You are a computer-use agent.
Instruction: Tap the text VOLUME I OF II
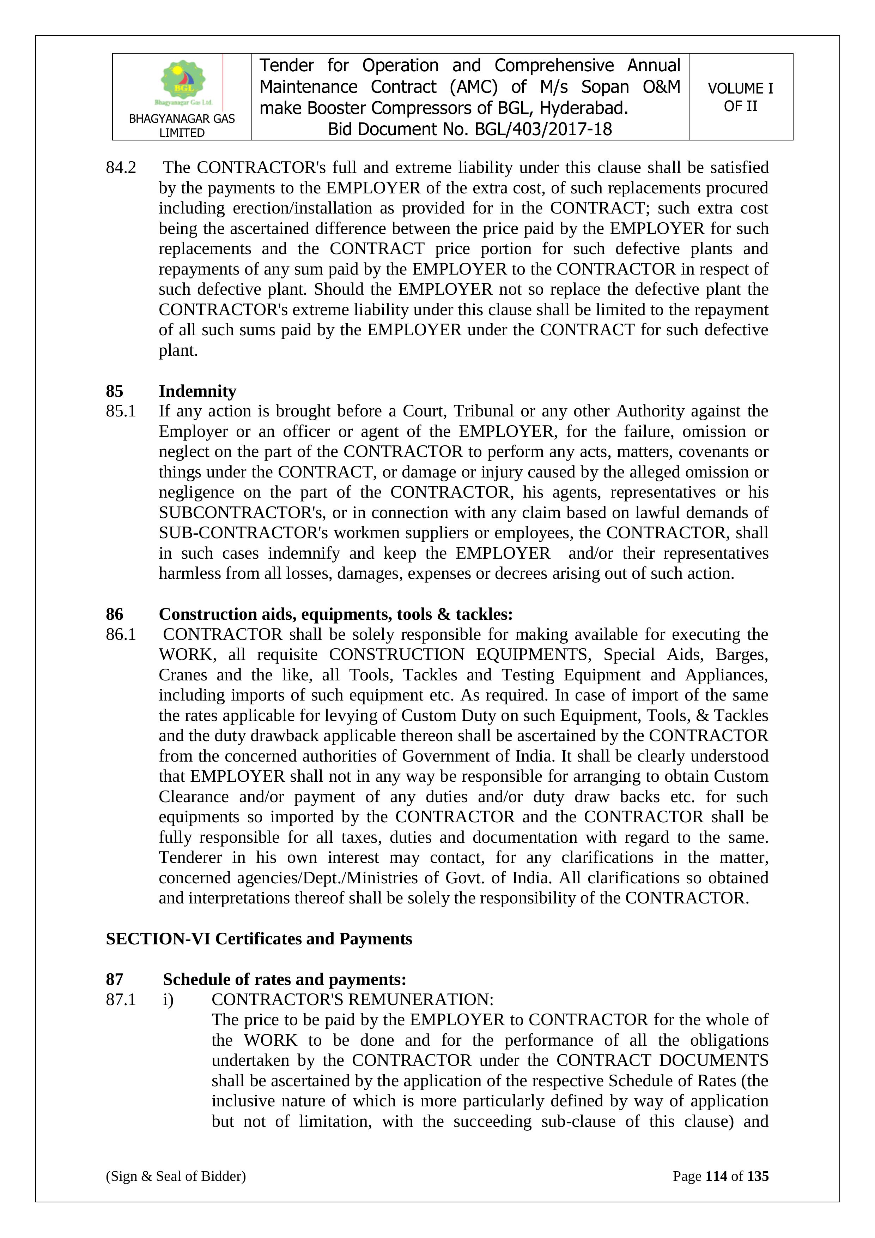pyautogui.click(x=740, y=97)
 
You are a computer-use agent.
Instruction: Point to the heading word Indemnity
pyautogui.click(x=197, y=391)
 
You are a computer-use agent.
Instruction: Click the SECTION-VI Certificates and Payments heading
pyautogui.click(x=259, y=939)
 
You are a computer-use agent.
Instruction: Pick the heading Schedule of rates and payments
pyautogui.click(x=285, y=979)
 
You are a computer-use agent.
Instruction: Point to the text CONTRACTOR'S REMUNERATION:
pyautogui.click(x=352, y=1000)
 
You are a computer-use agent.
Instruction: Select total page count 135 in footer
pyautogui.click(x=758, y=1176)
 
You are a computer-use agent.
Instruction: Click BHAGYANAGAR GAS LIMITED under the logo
pyautogui.click(x=182, y=126)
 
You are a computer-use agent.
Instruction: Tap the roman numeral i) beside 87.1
pyautogui.click(x=168, y=1000)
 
